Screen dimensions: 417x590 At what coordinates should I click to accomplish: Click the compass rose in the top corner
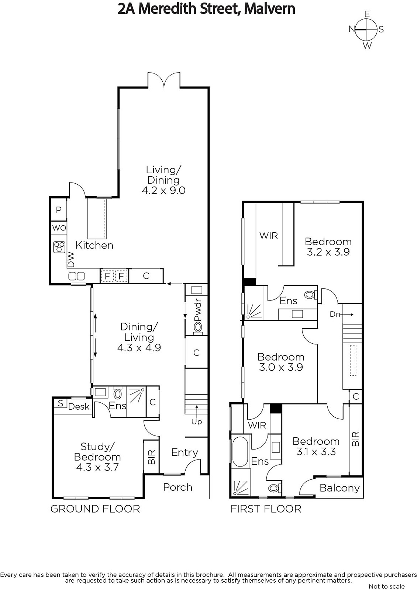coord(366,29)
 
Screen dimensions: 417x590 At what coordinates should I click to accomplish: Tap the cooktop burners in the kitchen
coord(59,247)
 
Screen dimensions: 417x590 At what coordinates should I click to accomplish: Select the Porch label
coord(178,487)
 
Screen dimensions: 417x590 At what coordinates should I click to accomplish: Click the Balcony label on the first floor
coord(340,488)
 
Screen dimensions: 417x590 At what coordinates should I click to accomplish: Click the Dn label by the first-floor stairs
coord(335,314)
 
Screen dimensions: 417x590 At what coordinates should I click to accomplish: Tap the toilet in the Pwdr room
coord(197,328)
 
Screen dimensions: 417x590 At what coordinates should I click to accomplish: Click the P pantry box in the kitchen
coord(59,210)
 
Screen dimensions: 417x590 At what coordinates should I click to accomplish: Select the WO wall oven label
coord(59,228)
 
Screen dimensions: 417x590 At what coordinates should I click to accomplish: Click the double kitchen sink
coord(76,276)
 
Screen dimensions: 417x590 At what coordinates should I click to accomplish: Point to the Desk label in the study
coord(79,407)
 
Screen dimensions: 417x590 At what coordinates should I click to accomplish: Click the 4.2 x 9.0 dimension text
coord(163,190)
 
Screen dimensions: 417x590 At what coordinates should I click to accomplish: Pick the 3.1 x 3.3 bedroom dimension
coord(316,452)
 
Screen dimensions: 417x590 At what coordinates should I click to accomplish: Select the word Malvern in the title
coord(269,9)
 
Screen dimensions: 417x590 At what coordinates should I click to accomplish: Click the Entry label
coord(185,452)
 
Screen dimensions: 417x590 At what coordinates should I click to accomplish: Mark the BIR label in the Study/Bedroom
coord(151,457)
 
